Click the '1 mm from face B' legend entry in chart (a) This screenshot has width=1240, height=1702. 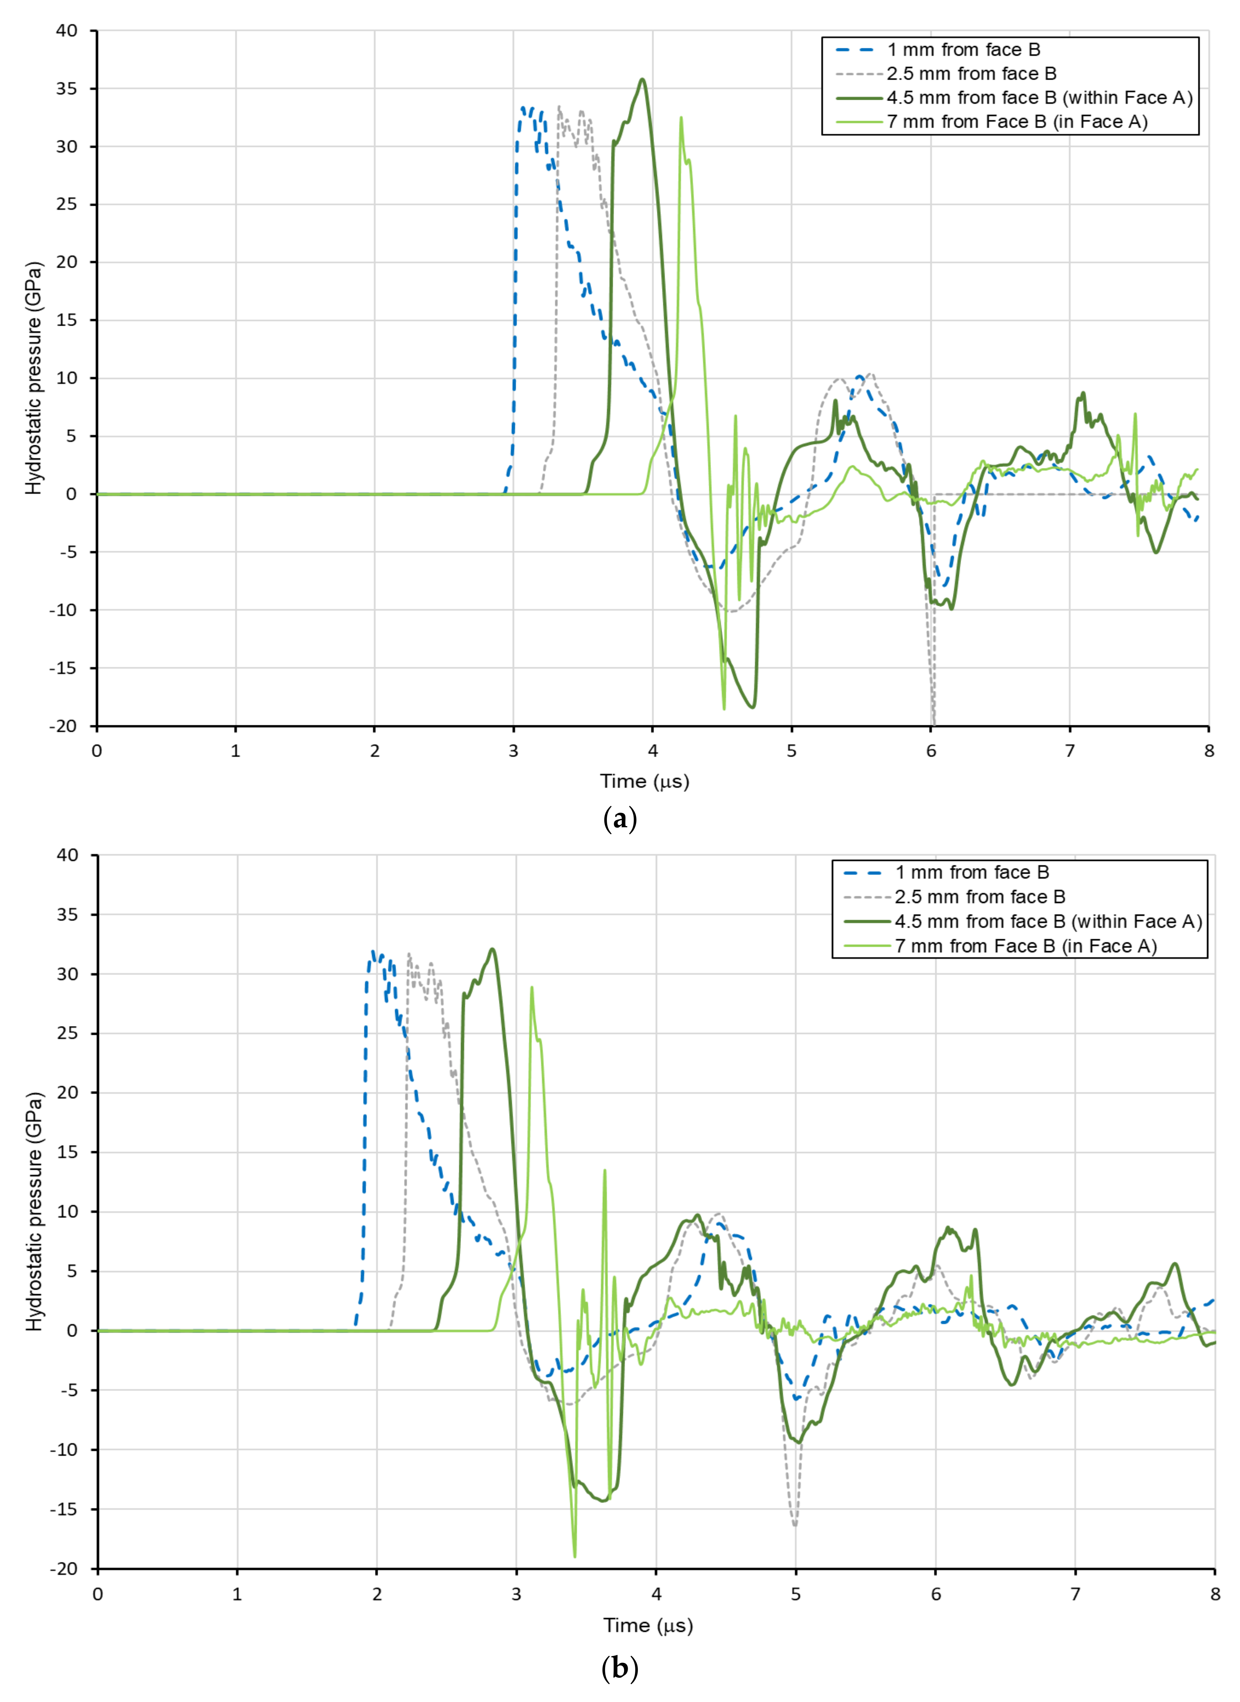(963, 50)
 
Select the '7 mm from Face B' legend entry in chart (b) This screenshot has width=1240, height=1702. (1025, 946)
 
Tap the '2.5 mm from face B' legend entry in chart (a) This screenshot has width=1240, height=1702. (971, 74)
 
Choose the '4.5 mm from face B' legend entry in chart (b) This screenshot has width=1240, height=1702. (1048, 922)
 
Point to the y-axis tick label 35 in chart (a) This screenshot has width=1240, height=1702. (67, 88)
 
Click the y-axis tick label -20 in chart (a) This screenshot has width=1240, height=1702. (63, 726)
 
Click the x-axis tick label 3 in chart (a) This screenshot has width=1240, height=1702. (513, 751)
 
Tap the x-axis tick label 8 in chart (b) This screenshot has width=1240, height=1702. (1214, 1594)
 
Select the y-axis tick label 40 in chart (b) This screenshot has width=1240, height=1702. (67, 855)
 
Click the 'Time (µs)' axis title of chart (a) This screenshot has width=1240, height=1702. (644, 782)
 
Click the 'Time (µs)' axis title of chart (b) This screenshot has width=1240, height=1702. (648, 1626)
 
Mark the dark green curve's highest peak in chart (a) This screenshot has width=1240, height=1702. (642, 80)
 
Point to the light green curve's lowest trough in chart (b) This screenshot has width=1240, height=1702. (575, 1557)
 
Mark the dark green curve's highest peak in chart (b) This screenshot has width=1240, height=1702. (492, 949)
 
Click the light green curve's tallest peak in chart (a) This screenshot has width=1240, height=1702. (681, 118)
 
